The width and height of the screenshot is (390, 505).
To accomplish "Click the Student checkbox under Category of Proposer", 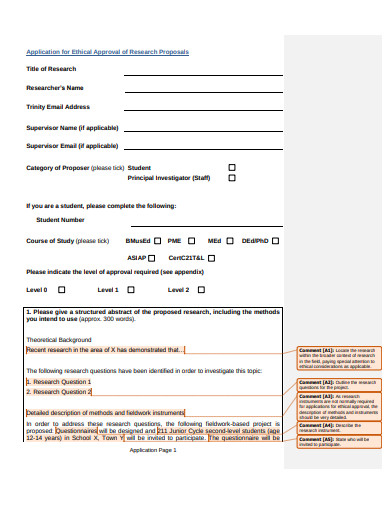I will pyautogui.click(x=233, y=168).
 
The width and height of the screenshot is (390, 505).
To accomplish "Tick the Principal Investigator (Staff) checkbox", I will pyautogui.click(x=233, y=178).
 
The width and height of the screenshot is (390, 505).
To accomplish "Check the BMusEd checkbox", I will pyautogui.click(x=158, y=241).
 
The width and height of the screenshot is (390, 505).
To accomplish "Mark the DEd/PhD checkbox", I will pyautogui.click(x=276, y=241).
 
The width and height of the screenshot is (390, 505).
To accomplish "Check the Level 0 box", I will pyautogui.click(x=61, y=290).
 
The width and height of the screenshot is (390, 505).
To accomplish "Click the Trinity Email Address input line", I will pyautogui.click(x=201, y=109).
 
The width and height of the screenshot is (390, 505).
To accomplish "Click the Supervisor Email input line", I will pyautogui.click(x=201, y=148).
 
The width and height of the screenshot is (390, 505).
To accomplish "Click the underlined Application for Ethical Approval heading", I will pyautogui.click(x=107, y=52).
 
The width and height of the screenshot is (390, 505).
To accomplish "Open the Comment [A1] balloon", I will pyautogui.click(x=338, y=358).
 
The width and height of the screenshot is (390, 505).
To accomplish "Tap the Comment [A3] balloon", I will pyautogui.click(x=338, y=404).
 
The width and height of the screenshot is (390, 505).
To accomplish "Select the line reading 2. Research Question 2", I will pyautogui.click(x=59, y=392).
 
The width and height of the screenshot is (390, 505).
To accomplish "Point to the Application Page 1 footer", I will pyautogui.click(x=153, y=450).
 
